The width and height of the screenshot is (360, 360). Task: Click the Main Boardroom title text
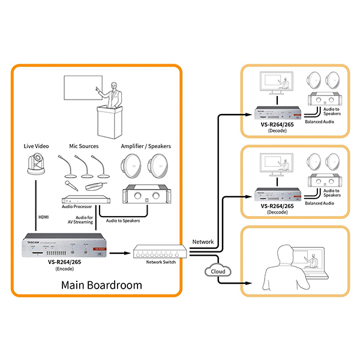coord(101,284)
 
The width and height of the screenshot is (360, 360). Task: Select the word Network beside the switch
coord(203,241)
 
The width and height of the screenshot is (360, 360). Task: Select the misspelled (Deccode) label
coord(277,212)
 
